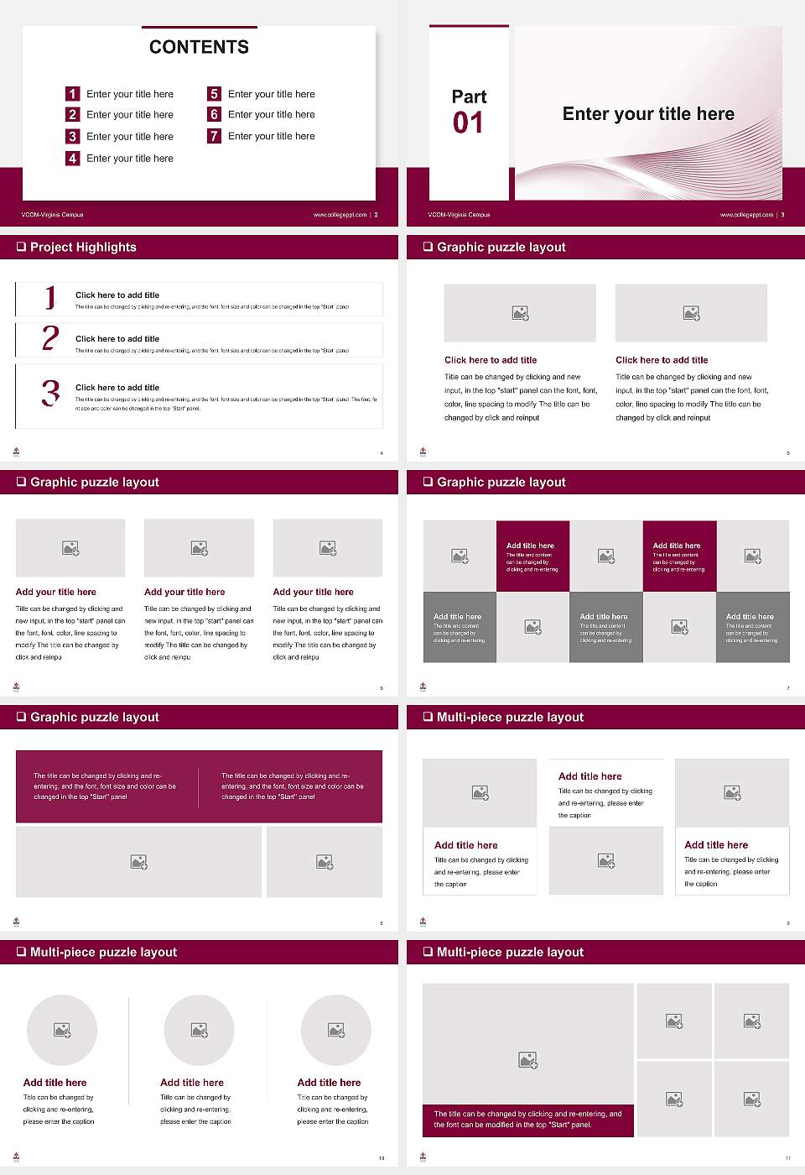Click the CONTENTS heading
tap(199, 47)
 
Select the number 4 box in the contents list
tap(73, 158)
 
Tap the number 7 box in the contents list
tap(214, 136)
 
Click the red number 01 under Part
tap(468, 123)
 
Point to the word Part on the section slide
tap(469, 97)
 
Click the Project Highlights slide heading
tap(83, 247)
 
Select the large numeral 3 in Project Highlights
tap(51, 393)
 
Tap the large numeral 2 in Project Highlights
tap(50, 338)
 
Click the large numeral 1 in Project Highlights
tap(50, 296)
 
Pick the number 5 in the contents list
tap(214, 94)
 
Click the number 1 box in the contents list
tap(73, 94)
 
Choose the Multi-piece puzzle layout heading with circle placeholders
tap(103, 952)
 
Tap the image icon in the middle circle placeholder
tap(199, 1030)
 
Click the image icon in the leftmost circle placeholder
tap(62, 1030)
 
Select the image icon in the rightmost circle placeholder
tap(336, 1030)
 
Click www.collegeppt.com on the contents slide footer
tap(340, 215)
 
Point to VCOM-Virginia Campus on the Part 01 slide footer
tap(459, 215)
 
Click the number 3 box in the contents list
tap(73, 136)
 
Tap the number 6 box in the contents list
tap(214, 114)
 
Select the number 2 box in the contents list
tap(73, 114)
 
